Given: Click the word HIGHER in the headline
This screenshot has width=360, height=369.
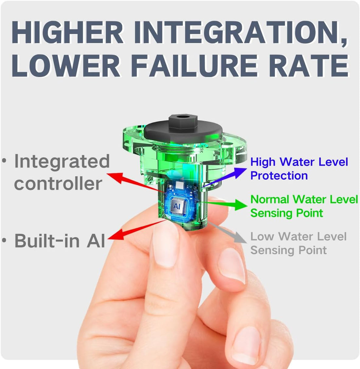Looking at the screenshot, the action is pyautogui.click(x=67, y=32).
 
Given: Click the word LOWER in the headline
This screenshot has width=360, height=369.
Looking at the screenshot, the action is pyautogui.click(x=66, y=66).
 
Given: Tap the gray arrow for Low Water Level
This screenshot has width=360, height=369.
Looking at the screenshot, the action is pyautogui.click(x=227, y=232).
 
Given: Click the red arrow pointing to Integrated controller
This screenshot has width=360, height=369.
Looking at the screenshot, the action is pyautogui.click(x=136, y=183).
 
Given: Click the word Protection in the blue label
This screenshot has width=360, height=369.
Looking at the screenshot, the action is pyautogui.click(x=279, y=176).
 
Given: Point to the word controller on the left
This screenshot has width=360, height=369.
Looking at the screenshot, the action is pyautogui.click(x=58, y=184).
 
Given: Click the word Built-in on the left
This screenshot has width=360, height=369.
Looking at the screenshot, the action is pyautogui.click(x=47, y=241).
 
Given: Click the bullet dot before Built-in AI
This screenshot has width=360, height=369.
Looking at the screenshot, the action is pyautogui.click(x=4, y=241).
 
